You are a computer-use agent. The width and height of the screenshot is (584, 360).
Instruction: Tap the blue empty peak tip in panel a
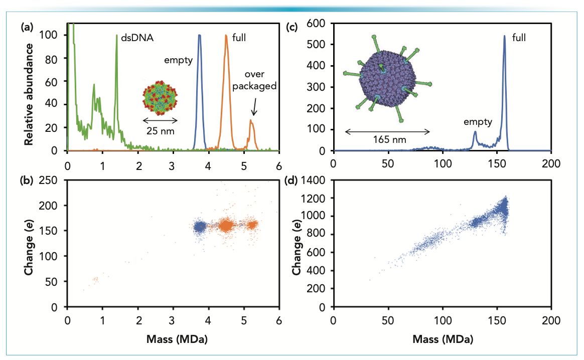[200, 36]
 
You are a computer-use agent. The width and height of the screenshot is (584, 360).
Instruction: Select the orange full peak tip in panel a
[226, 36]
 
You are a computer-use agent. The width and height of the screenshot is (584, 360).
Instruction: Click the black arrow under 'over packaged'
[254, 107]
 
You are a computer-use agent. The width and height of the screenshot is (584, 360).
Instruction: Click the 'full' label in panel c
[519, 37]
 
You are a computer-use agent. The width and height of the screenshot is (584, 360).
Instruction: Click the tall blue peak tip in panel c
[504, 36]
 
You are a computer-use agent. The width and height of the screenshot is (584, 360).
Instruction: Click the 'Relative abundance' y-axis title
[30, 95]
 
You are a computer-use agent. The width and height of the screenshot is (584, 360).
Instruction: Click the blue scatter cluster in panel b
[200, 227]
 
